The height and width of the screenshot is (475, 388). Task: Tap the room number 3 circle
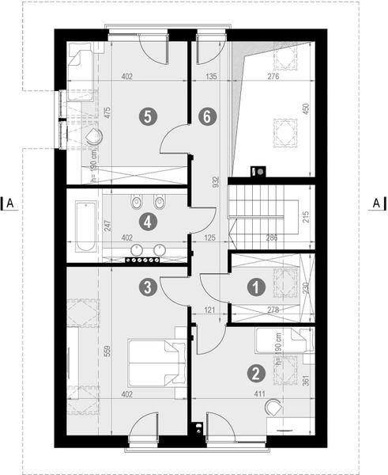146,288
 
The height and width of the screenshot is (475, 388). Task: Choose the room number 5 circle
146,116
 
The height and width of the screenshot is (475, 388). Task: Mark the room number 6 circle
206,116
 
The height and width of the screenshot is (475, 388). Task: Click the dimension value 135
211,78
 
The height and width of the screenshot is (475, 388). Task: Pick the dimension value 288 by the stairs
271,237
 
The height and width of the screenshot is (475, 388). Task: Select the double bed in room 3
156,363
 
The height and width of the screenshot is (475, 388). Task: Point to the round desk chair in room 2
274,407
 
